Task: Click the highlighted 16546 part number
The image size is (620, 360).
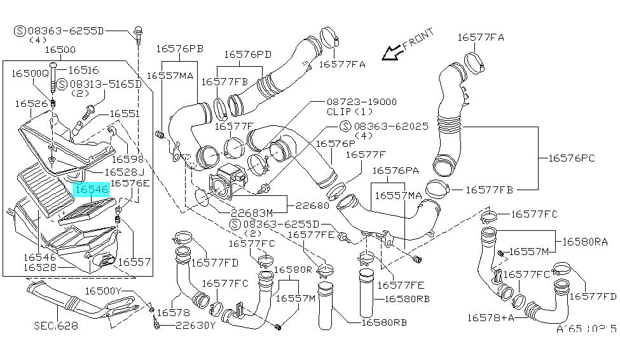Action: [92, 188]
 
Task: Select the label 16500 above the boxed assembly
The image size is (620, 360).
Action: [60, 50]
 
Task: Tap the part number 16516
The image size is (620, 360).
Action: [83, 71]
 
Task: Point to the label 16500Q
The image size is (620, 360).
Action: [29, 74]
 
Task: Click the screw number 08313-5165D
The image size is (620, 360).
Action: [105, 84]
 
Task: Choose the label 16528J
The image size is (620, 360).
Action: [124, 172]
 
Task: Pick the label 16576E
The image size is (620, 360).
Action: [130, 184]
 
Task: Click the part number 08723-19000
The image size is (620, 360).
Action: [361, 102]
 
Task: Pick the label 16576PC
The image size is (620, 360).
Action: [575, 157]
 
